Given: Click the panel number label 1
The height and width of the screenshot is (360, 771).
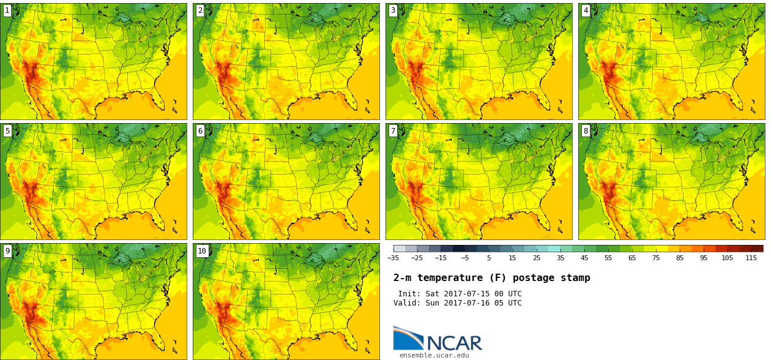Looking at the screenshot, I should tap(7, 10).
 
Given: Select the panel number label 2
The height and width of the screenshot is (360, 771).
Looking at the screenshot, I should tap(200, 10).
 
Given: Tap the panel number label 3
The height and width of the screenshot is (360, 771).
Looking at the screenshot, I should tap(393, 10).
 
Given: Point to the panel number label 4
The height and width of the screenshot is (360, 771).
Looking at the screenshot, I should tap(586, 10).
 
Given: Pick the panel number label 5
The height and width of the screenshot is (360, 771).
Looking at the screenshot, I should tap(7, 130).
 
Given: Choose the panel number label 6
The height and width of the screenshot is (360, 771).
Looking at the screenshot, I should tap(200, 130).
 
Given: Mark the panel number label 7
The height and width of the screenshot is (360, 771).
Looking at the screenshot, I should tap(393, 130).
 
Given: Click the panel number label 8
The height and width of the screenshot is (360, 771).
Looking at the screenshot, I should tap(586, 130).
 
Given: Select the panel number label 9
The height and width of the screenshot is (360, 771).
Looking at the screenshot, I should tap(7, 250).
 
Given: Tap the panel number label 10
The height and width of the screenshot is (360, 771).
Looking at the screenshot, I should tap(202, 250).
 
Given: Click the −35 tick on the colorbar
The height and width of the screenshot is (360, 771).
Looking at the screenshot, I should tap(393, 258).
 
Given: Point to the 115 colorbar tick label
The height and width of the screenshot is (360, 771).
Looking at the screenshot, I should tap(751, 258).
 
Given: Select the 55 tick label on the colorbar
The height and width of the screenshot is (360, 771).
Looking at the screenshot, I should tap(608, 258).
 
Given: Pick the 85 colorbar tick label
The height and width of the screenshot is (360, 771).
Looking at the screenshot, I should tap(679, 258).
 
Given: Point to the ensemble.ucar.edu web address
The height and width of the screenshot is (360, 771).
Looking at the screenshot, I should tap(434, 355).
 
